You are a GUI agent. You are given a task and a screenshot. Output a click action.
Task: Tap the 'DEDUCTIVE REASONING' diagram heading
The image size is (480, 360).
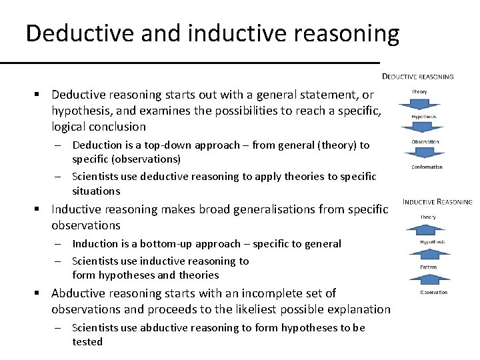(x=417, y=77)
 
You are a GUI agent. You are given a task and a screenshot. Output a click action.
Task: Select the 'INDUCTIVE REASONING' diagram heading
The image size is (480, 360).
(x=437, y=201)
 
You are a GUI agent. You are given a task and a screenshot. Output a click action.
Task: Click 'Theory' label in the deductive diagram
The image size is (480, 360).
(x=420, y=92)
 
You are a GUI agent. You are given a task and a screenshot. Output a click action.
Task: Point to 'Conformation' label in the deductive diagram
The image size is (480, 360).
(x=427, y=167)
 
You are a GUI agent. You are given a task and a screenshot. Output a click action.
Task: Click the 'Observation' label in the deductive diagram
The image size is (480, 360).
(x=425, y=141)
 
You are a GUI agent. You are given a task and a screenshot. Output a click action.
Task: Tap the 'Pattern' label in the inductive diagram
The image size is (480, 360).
(x=428, y=267)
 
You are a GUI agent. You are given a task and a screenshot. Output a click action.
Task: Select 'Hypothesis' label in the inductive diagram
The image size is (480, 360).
(x=432, y=242)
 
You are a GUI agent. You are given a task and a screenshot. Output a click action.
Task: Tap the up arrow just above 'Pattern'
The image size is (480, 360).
(x=428, y=254)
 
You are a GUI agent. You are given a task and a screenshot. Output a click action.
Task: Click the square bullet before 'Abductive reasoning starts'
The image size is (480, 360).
(x=41, y=293)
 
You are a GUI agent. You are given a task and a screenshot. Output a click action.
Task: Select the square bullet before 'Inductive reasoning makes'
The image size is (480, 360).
(x=41, y=209)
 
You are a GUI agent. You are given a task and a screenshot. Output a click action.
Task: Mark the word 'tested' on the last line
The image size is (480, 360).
(x=87, y=342)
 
